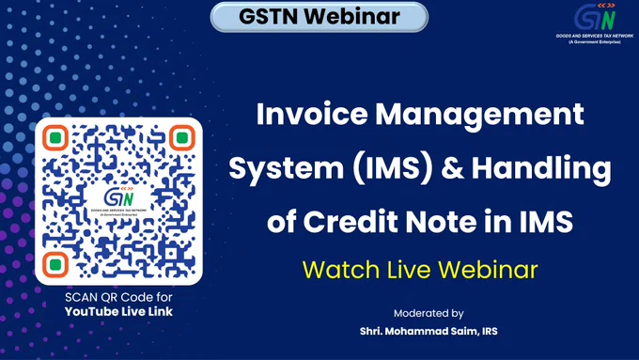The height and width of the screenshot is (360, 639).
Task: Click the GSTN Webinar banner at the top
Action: (x=319, y=17)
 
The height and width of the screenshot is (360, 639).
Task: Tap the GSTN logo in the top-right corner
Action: (x=595, y=17)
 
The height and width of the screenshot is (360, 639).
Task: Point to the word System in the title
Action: (x=286, y=169)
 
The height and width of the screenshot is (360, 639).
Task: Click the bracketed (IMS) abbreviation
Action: (x=392, y=168)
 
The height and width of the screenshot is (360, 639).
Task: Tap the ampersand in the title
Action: (x=452, y=168)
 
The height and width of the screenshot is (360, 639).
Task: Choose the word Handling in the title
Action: (x=541, y=169)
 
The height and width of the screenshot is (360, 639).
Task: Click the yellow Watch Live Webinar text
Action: (x=420, y=270)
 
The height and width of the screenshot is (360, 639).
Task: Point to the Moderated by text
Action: (x=429, y=314)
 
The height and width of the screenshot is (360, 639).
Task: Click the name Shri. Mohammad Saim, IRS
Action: (x=429, y=331)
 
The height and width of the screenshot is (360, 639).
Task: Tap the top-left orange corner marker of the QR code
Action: (x=55, y=138)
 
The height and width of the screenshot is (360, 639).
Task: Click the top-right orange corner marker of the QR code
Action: (x=182, y=138)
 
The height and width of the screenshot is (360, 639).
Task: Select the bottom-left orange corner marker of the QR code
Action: (x=55, y=265)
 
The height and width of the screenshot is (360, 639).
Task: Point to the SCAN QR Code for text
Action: (x=118, y=297)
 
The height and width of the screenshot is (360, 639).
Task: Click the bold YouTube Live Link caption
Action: (x=118, y=312)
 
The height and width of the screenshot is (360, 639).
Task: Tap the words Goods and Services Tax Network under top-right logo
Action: (x=595, y=36)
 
